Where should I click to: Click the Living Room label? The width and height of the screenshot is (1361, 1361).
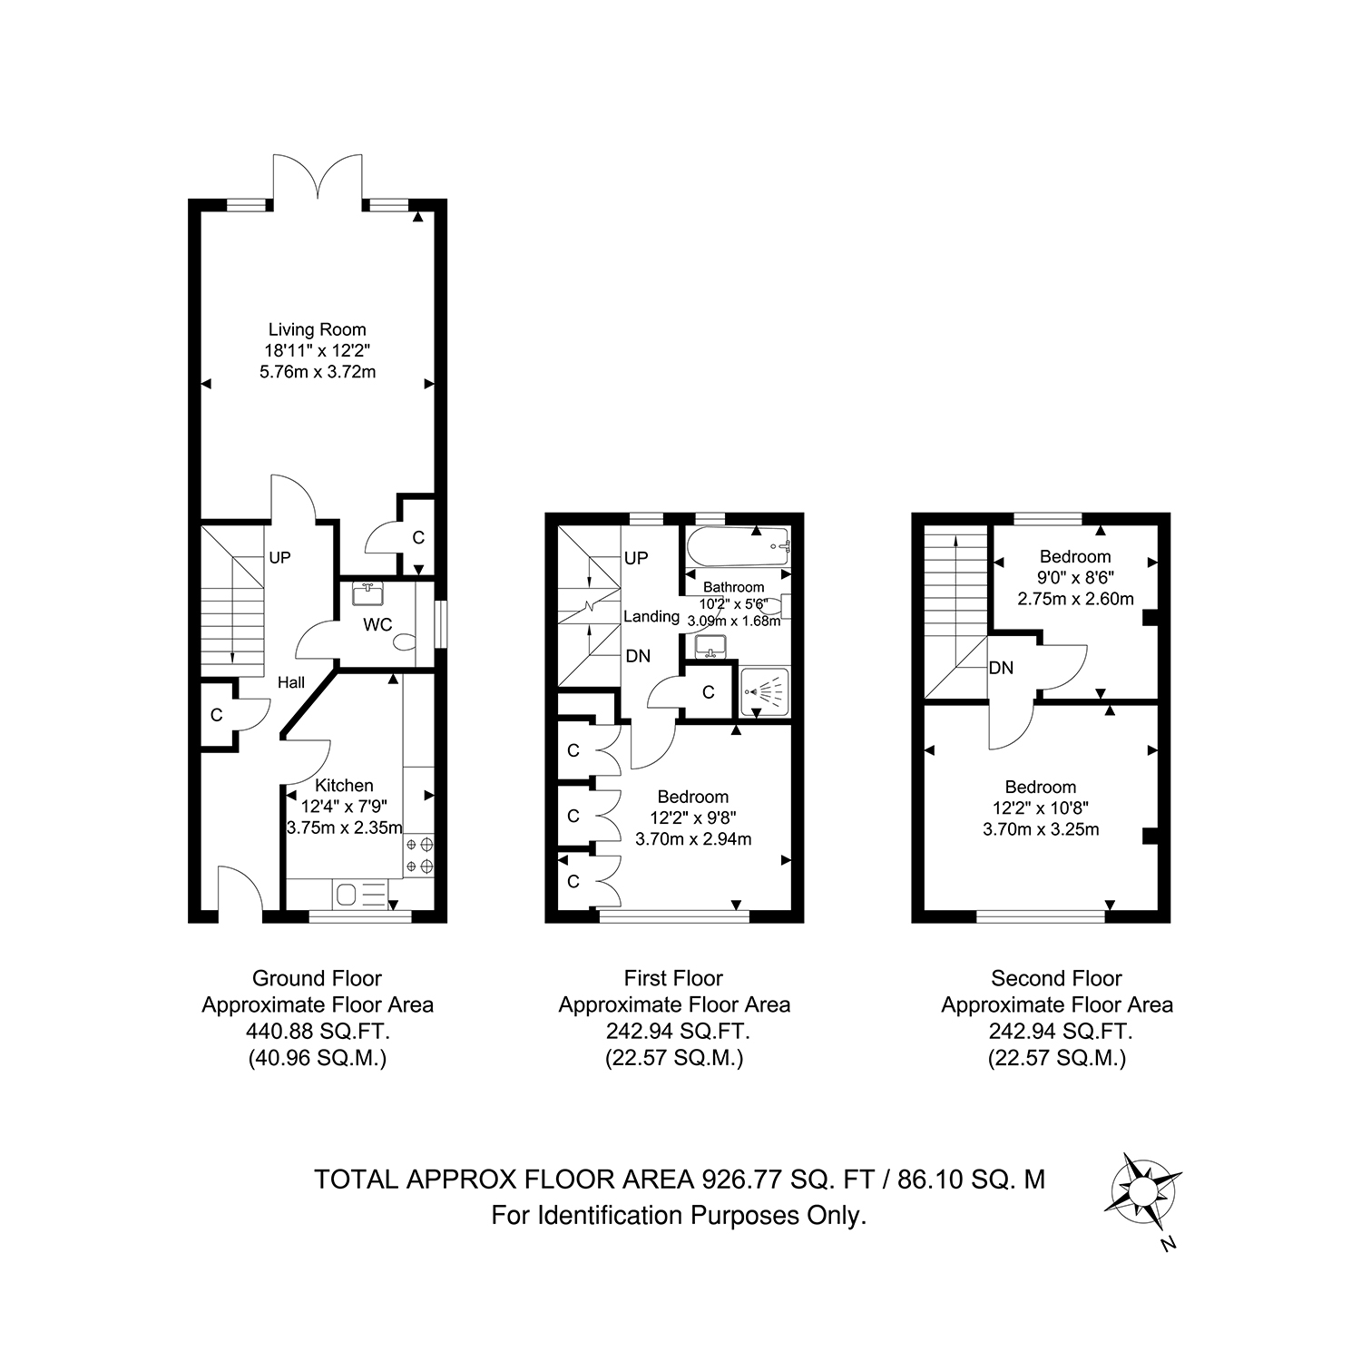tap(317, 329)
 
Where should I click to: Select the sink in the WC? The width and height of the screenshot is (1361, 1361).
tap(367, 593)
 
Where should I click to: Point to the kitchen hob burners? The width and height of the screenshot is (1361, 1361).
tap(419, 856)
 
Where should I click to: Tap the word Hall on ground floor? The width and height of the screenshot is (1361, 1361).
tap(291, 683)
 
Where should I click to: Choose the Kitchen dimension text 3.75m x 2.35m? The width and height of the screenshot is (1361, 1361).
tap(344, 827)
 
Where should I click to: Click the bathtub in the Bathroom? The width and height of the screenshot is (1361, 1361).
tap(739, 546)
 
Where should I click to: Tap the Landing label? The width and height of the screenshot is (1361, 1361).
tap(651, 617)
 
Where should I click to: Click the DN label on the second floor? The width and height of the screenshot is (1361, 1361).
tap(1001, 669)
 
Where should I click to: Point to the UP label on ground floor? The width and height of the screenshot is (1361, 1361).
tap(279, 558)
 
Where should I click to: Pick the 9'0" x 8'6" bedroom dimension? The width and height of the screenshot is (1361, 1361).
tap(1075, 578)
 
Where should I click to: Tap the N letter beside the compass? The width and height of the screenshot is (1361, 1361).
tap(1169, 1245)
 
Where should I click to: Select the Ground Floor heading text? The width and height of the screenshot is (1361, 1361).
tap(317, 979)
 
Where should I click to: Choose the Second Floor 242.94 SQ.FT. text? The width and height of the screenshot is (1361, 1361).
tap(1057, 1032)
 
